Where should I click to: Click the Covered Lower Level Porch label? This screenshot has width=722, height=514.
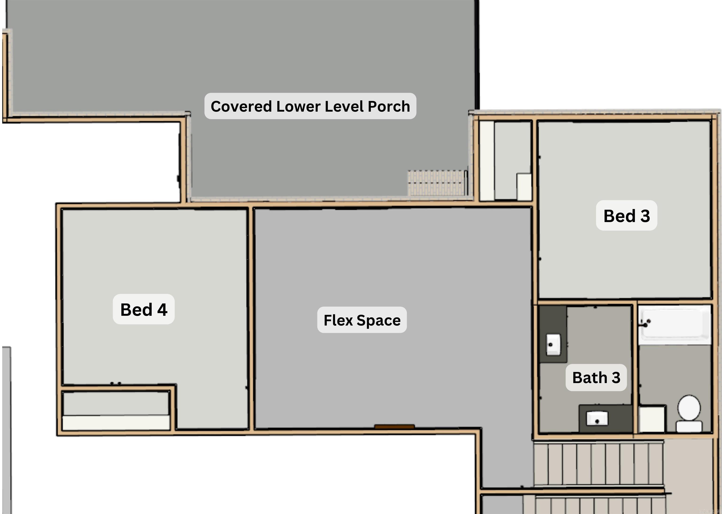(310, 106)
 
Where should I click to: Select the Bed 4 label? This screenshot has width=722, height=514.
(144, 309)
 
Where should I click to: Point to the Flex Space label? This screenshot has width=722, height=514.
(362, 320)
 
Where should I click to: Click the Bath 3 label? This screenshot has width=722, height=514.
(596, 377)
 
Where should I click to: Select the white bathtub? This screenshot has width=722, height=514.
(674, 324)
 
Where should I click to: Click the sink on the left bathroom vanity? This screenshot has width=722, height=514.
(553, 344)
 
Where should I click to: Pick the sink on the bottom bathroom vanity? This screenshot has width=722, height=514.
(597, 418)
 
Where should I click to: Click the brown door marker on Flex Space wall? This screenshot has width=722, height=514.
(394, 427)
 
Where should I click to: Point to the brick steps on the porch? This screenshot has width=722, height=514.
(437, 183)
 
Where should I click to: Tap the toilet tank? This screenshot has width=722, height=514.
(689, 426)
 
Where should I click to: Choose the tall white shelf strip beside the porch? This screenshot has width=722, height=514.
(487, 161)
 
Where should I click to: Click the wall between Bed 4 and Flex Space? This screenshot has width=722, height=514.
(251, 318)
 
